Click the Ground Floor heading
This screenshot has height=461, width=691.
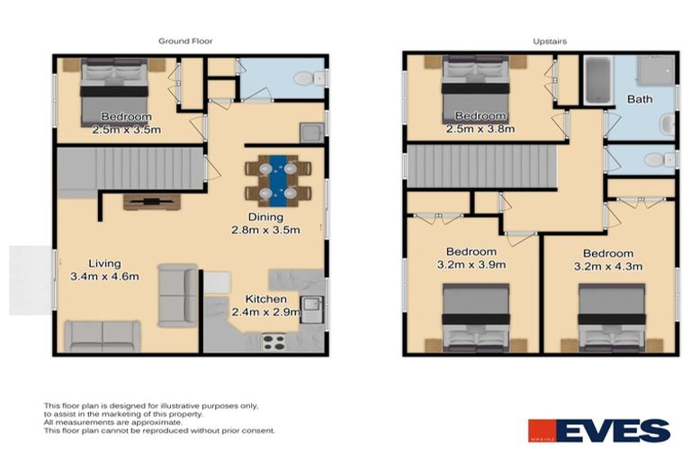pyautogui.click(x=185, y=41)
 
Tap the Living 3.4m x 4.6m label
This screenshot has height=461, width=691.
pyautogui.click(x=104, y=270)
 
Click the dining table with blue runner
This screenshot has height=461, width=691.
pyautogui.click(x=278, y=177)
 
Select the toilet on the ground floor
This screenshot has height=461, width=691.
pyautogui.click(x=304, y=79)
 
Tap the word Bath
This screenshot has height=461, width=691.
pyautogui.click(x=640, y=99)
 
